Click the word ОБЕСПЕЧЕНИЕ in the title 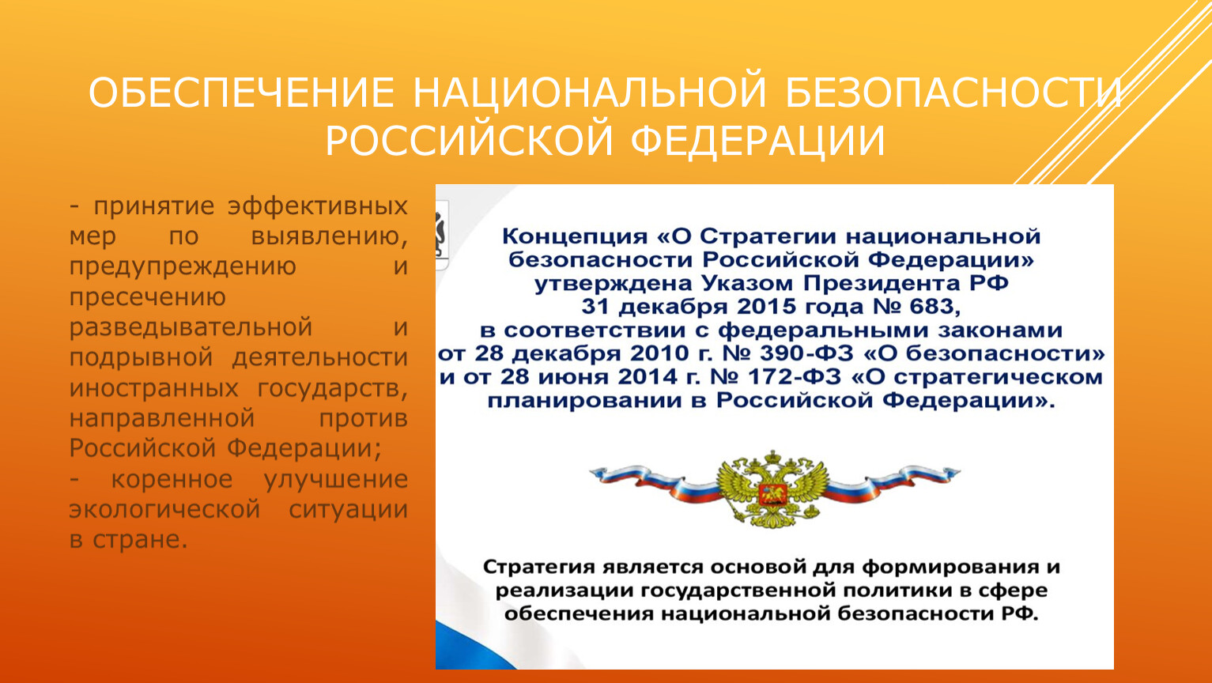[x=241, y=93]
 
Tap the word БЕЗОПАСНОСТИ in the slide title [x=953, y=93]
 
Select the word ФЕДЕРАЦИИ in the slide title [x=757, y=141]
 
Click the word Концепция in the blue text [x=575, y=237]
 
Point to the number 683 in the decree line [x=934, y=306]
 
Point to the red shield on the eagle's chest [x=772, y=494]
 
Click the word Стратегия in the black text [x=539, y=568]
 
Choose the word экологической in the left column [x=164, y=510]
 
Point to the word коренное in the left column [x=172, y=480]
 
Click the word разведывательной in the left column [x=191, y=328]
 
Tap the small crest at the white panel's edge [x=442, y=234]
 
